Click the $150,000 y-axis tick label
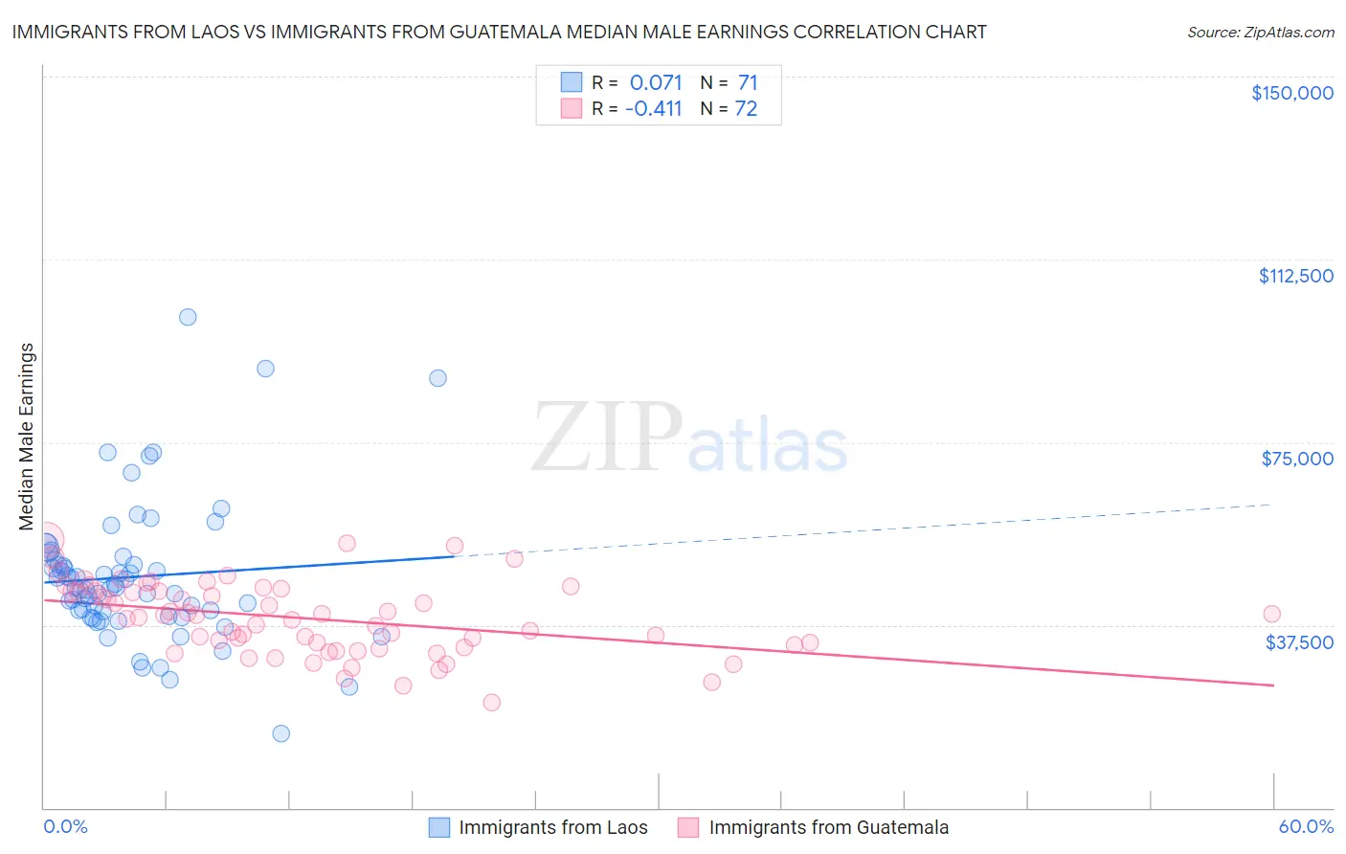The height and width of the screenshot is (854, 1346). tap(1291, 93)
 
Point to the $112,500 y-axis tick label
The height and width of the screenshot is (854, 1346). tap(1295, 276)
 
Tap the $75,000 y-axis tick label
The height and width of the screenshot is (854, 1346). tap(1296, 459)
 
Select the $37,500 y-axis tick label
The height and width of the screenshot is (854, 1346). tap(1299, 642)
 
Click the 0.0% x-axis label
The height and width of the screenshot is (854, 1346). tap(65, 826)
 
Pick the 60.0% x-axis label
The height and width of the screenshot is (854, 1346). tap(1305, 826)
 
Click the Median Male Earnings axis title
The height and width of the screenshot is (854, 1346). tap(26, 437)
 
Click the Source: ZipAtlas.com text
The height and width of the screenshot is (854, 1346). tap(1260, 33)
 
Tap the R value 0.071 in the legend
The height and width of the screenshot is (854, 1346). tap(655, 83)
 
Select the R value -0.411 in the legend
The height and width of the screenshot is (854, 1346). tap(653, 109)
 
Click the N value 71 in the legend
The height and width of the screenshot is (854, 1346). tap(747, 83)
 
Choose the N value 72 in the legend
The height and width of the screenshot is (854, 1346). tap(746, 109)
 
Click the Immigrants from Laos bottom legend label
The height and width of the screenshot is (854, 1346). tap(552, 828)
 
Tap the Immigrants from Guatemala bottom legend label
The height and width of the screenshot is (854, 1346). tap(828, 828)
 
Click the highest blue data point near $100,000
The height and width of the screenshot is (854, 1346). tap(188, 317)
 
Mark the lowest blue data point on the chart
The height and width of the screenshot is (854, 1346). tap(280, 733)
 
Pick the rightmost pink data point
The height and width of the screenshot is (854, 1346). tap(1271, 614)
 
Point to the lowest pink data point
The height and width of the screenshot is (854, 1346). tap(491, 702)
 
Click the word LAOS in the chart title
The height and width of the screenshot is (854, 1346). tap(191, 33)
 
